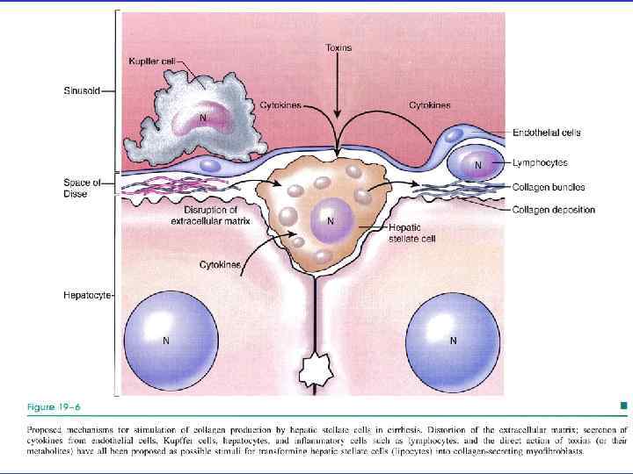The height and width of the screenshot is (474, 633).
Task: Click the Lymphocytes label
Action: pos(540,162)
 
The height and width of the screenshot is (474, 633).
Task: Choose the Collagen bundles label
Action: pos(549,187)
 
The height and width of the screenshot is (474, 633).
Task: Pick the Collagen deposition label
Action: pos(555,210)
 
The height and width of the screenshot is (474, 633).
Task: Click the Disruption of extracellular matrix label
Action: pos(210,216)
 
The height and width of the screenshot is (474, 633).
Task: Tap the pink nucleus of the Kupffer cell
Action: pos(203,118)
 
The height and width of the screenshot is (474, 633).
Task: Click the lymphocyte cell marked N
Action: pos(477,164)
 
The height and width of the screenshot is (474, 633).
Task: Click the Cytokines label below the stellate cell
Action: pos(221,264)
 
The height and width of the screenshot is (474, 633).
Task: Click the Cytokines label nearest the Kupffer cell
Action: pos(280,105)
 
